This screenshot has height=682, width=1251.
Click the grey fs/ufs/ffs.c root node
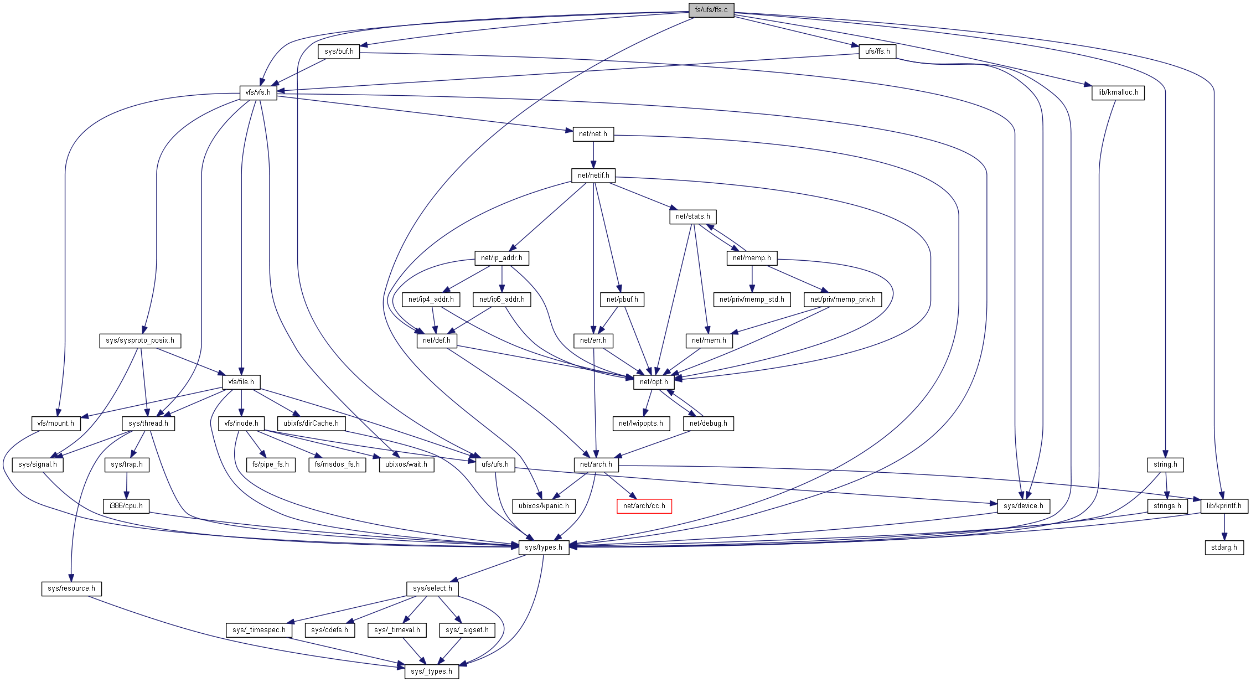pyautogui.click(x=711, y=10)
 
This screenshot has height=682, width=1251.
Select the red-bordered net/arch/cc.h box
pyautogui.click(x=644, y=506)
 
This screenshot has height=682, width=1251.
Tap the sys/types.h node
pyautogui.click(x=544, y=547)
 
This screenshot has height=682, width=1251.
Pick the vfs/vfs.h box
pyautogui.click(x=258, y=92)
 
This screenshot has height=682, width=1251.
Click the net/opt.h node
pyautogui.click(x=654, y=382)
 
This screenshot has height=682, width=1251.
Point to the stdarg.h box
pyautogui.click(x=1224, y=547)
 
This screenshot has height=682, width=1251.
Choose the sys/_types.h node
pyautogui.click(x=431, y=671)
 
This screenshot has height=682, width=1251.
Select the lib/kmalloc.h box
pyautogui.click(x=1118, y=92)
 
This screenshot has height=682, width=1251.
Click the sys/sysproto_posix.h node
pyautogui.click(x=140, y=340)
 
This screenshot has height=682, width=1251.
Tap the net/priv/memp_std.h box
pyautogui.click(x=752, y=299)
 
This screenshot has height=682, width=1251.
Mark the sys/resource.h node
pyautogui.click(x=71, y=588)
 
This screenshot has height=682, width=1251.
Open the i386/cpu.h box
pyautogui.click(x=126, y=506)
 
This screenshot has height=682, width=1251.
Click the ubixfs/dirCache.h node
pyautogui.click(x=311, y=423)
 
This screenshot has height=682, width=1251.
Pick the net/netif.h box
pyautogui.click(x=593, y=175)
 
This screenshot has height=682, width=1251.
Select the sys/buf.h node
pyautogui.click(x=339, y=51)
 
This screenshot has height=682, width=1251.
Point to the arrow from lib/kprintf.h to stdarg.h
pyautogui.click(x=1224, y=527)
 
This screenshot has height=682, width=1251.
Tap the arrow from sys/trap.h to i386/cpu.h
pyautogui.click(x=127, y=485)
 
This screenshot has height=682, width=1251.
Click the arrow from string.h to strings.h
pyautogui.click(x=1166, y=485)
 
